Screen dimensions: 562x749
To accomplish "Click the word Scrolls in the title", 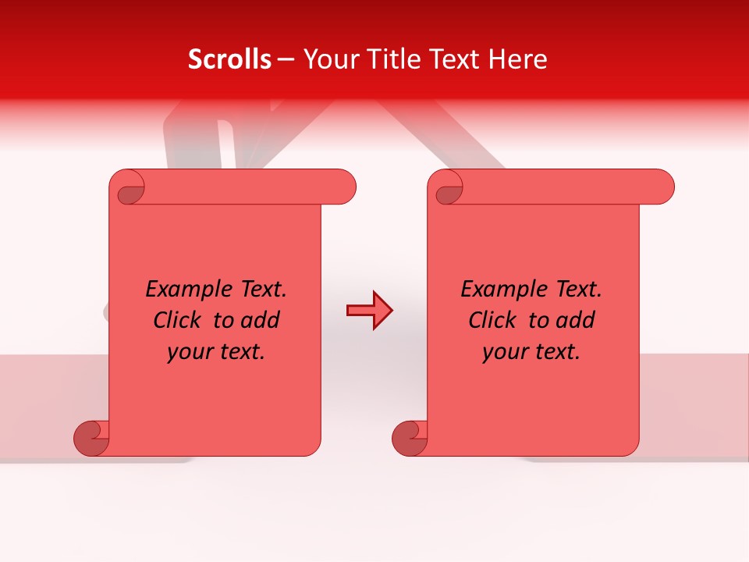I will [229, 59].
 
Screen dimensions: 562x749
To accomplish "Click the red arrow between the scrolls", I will [369, 311].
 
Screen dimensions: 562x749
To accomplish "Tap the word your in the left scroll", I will [190, 352].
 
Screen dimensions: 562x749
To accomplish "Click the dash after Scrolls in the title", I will [286, 59].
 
